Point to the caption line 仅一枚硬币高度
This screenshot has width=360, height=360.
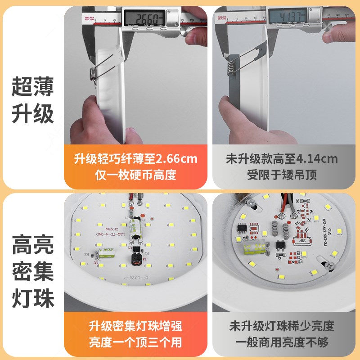pyautogui.click(x=135, y=175)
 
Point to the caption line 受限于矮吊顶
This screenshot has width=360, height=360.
pyautogui.click(x=282, y=175)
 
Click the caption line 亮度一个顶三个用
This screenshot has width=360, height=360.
pyautogui.click(x=135, y=342)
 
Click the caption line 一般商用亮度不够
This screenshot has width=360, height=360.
pyautogui.click(x=282, y=342)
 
